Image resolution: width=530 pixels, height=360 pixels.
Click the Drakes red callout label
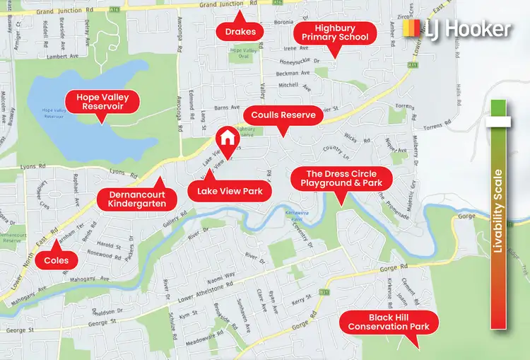240,32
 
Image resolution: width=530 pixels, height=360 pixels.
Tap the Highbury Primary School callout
335,32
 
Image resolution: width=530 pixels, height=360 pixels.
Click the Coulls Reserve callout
279,114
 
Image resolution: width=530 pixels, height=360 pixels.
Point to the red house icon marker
227,137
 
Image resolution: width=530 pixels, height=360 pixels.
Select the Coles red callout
56,260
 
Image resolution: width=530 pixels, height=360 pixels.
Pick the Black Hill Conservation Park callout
389,322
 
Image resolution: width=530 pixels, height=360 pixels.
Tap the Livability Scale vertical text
498,210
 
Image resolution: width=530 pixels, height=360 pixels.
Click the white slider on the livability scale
498,122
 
